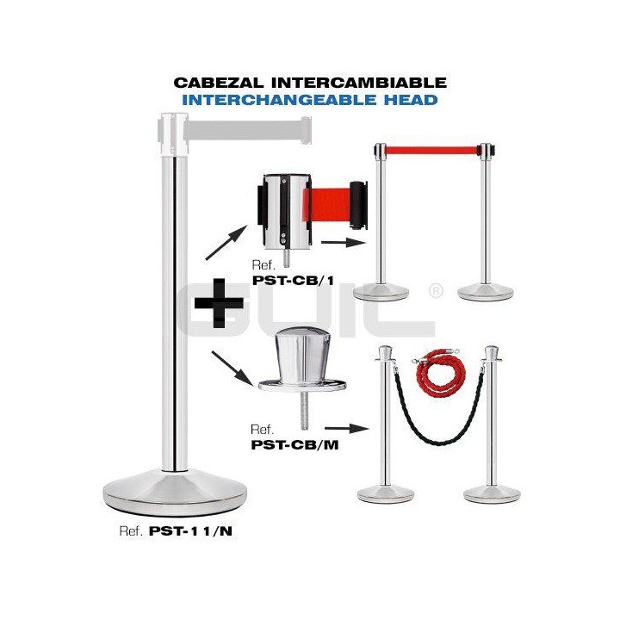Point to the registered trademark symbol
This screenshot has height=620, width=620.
(x=436, y=293)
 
